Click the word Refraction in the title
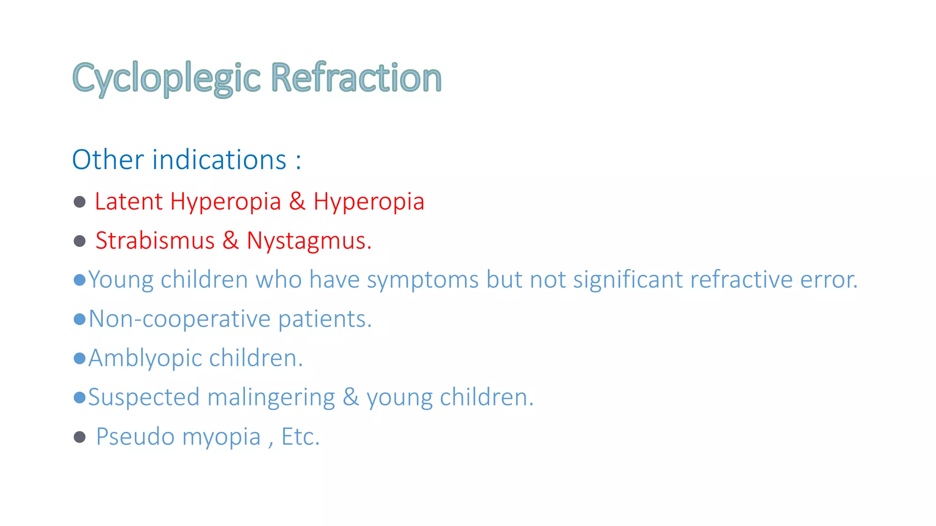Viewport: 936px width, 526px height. point(356,78)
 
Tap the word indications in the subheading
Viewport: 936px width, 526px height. point(219,160)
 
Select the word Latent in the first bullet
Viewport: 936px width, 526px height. point(128,201)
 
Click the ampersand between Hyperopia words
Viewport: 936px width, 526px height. point(297,201)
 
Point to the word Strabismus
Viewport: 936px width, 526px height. point(155,241)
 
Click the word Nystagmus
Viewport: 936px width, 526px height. point(308,241)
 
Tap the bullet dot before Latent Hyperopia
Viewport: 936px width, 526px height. point(80,202)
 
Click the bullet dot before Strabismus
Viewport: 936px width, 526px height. point(80,241)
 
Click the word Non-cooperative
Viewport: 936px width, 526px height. point(180,319)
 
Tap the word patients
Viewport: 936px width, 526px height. point(324,319)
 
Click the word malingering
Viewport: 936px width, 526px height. point(271,398)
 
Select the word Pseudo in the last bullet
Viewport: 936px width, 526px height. point(135,437)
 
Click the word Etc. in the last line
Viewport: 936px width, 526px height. point(300,437)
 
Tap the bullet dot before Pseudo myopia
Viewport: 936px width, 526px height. point(80,437)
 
